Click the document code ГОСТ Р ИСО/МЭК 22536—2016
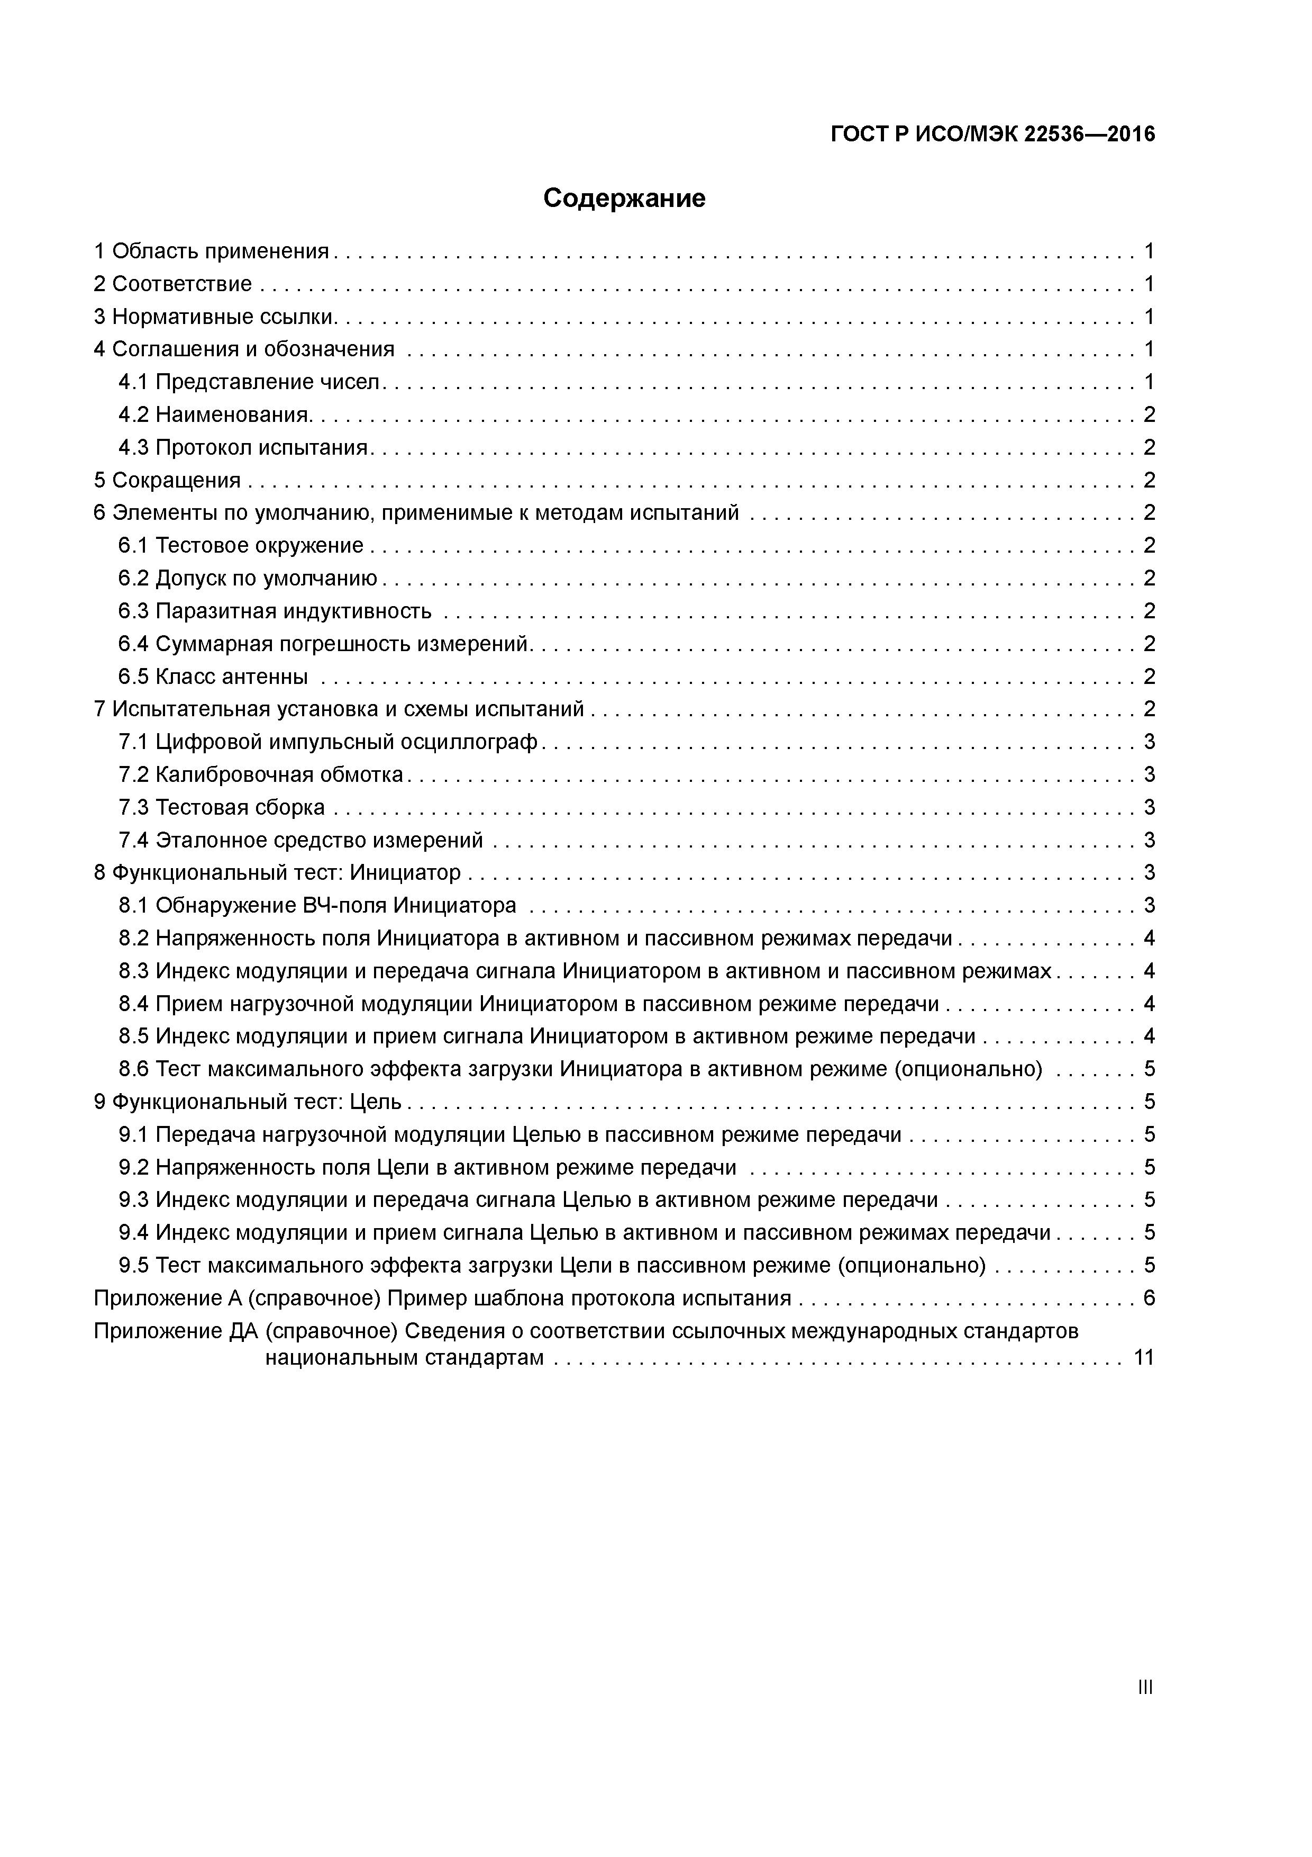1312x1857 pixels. pyautogui.click(x=992, y=134)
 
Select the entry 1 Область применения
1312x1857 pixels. pyautogui.click(x=212, y=251)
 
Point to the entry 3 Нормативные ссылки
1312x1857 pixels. pyautogui.click(x=214, y=317)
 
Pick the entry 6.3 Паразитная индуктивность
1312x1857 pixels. pyautogui.click(x=275, y=611)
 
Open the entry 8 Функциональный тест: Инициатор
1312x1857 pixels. pyautogui.click(x=277, y=873)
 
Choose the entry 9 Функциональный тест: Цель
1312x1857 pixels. pyautogui.click(x=248, y=1102)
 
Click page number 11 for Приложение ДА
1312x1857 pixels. pyautogui.click(x=1144, y=1358)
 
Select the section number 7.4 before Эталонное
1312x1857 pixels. pyautogui.click(x=133, y=840)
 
